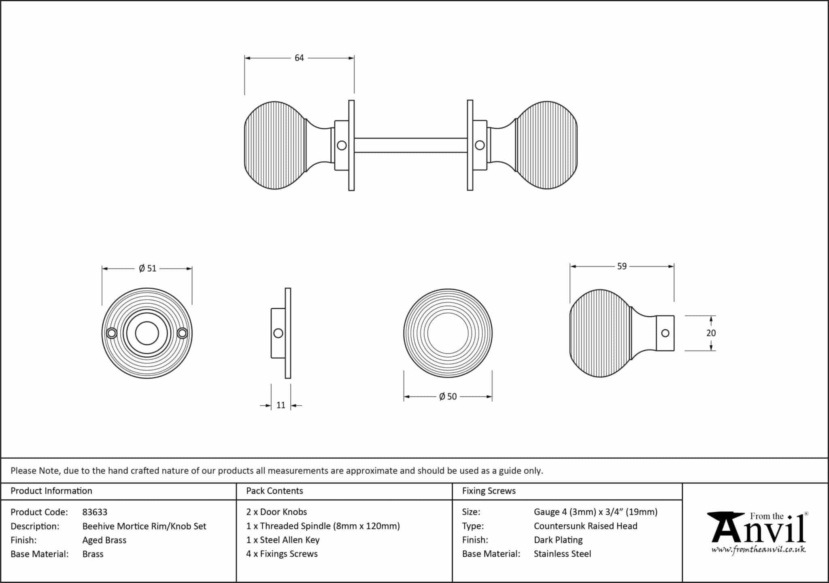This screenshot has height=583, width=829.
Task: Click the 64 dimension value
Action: coord(299,58)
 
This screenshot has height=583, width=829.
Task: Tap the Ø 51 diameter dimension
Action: coord(147,268)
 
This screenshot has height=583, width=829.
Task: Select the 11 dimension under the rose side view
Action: coord(281,405)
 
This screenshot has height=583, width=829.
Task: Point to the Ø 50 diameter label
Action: coord(448,397)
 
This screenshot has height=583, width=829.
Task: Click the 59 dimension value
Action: coord(622,266)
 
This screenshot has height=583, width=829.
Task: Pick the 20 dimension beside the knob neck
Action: coord(711,333)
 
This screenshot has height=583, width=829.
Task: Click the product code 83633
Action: coord(95,512)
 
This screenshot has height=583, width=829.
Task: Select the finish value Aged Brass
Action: coord(104,540)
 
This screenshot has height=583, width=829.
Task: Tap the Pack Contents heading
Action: coord(274,491)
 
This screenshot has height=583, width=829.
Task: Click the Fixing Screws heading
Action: coord(489,491)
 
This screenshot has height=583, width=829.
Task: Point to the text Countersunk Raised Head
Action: coord(585,526)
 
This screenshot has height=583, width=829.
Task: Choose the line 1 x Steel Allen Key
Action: coord(283,540)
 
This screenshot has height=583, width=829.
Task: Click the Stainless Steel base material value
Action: coord(562,554)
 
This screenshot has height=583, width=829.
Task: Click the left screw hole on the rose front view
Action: coord(112,333)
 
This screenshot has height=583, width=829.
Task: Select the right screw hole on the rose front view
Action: coord(183,333)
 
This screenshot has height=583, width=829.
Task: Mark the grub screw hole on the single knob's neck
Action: coord(665,333)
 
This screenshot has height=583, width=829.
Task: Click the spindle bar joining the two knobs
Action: coord(410,145)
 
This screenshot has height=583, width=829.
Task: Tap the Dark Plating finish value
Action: coord(558,540)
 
